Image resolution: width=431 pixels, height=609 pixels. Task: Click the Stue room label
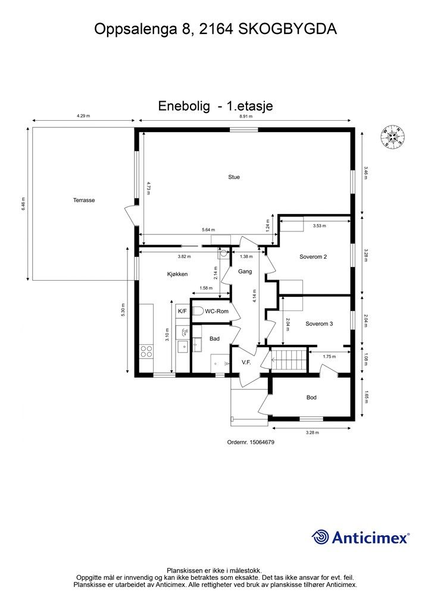(x=234, y=177)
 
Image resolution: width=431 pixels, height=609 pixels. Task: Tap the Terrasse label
(x=84, y=200)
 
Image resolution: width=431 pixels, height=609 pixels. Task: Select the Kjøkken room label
(x=177, y=274)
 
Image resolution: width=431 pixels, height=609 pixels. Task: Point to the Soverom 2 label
(x=313, y=257)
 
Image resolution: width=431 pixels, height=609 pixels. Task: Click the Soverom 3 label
(x=319, y=324)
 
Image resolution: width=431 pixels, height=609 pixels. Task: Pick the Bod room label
(x=311, y=397)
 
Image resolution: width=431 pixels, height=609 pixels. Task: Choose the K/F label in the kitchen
(x=182, y=311)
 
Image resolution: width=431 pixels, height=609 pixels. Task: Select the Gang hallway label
(x=245, y=271)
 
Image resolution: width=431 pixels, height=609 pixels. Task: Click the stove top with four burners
(x=146, y=351)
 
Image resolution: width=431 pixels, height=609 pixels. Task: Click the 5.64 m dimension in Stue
(x=208, y=230)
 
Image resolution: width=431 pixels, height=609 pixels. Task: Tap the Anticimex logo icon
(x=321, y=537)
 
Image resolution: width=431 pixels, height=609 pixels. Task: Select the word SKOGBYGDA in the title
(x=288, y=29)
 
